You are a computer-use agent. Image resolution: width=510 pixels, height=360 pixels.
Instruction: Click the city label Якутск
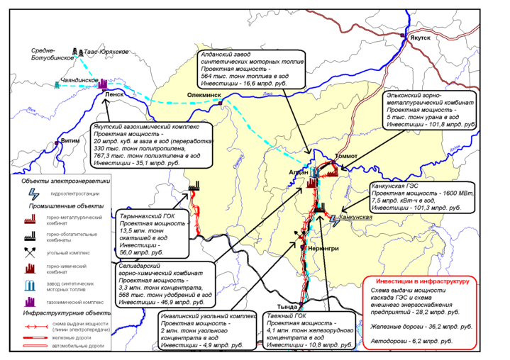[x=419, y=42]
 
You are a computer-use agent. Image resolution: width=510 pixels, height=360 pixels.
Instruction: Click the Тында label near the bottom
[x=296, y=306]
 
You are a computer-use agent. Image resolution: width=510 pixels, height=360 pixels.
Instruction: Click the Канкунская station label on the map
[x=356, y=217]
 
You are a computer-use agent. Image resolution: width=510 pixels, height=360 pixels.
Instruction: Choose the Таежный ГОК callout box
[x=307, y=330]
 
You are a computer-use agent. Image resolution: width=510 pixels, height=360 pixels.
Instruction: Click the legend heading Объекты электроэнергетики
[x=65, y=181]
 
